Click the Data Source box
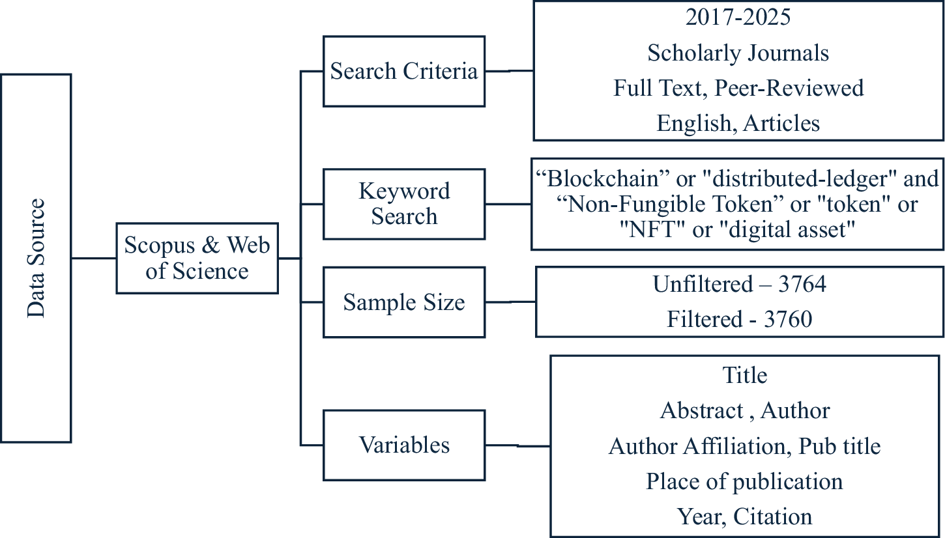36,258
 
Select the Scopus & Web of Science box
197,258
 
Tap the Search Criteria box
404,71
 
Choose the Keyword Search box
404,203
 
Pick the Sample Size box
404,302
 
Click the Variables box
404,445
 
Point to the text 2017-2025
738,18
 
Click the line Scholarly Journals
738,53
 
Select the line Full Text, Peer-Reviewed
738,88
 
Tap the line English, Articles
738,123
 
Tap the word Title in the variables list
745,375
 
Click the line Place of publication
744,481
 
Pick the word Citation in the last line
773,517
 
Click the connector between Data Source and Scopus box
93,258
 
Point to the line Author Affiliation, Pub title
744,446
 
